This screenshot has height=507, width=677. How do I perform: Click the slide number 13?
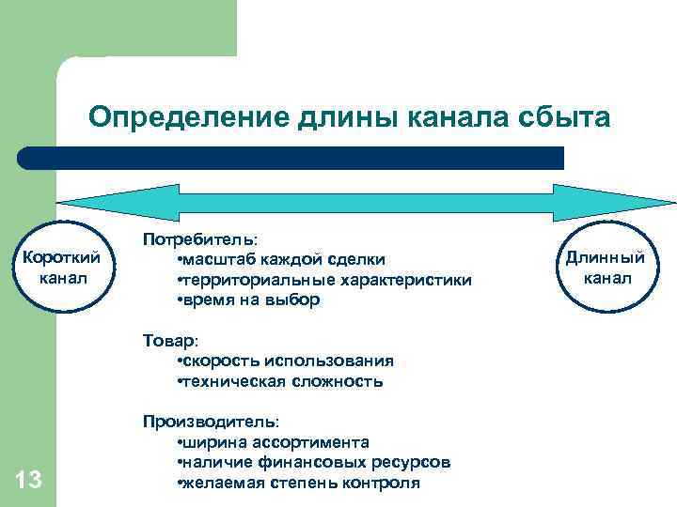point(29,482)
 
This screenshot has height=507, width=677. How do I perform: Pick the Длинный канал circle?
point(606,267)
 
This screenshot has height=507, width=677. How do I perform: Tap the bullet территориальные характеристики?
point(323,280)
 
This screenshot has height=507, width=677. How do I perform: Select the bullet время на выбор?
point(248,300)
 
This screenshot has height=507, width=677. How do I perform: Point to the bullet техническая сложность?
point(279,382)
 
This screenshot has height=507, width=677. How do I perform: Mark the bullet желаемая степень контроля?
point(298,483)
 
